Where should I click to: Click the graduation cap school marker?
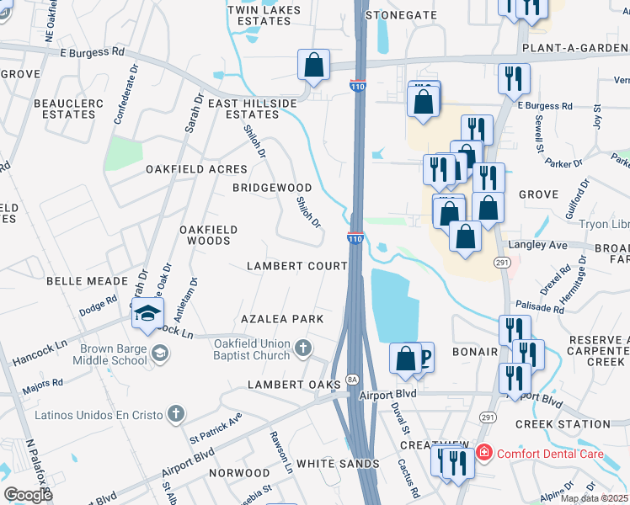click(147, 315)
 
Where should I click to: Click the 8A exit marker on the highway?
click(352, 380)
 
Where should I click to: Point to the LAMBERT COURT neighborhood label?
click(296, 266)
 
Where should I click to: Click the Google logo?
click(28, 494)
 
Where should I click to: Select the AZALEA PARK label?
click(282, 320)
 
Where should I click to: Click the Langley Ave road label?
click(537, 244)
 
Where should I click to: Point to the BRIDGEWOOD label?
click(272, 188)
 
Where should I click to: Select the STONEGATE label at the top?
click(400, 15)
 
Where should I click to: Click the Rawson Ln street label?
click(280, 451)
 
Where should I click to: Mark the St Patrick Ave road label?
click(216, 427)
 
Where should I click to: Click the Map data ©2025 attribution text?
click(594, 498)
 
